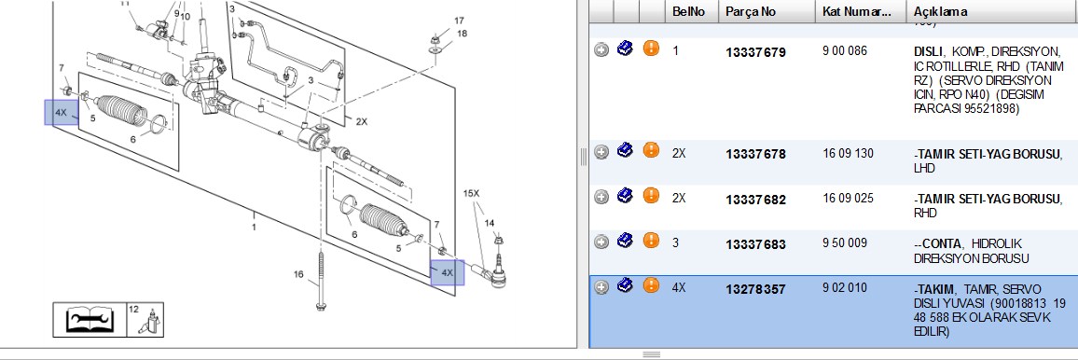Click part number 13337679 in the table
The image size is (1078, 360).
[x=754, y=53]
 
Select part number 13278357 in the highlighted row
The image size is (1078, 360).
[x=754, y=290]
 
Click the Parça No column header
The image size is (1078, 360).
[x=751, y=12]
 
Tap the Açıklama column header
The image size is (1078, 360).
[x=941, y=12]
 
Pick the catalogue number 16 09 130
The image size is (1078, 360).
[x=848, y=153]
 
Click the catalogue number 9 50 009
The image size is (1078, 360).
[x=845, y=243]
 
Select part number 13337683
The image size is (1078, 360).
[x=754, y=244]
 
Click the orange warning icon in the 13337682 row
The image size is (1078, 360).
[x=651, y=196]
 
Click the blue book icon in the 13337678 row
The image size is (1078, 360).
[x=625, y=150]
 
